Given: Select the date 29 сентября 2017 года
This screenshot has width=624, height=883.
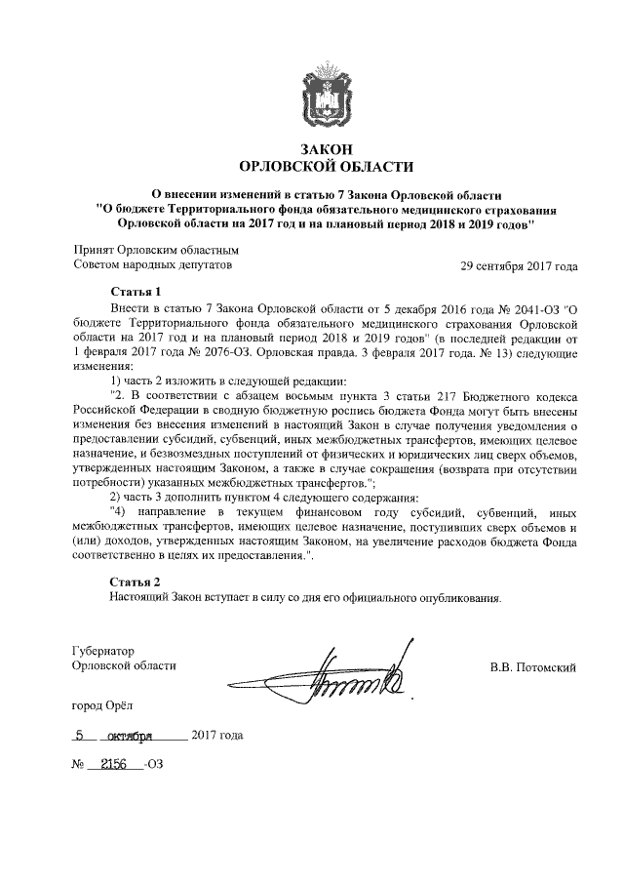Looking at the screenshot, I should click(520, 265).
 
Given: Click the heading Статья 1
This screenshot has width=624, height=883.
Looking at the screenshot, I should click(135, 293).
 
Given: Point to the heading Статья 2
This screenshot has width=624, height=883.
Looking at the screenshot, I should click(135, 582).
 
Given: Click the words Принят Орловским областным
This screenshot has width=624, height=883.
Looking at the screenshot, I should click(156, 250).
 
